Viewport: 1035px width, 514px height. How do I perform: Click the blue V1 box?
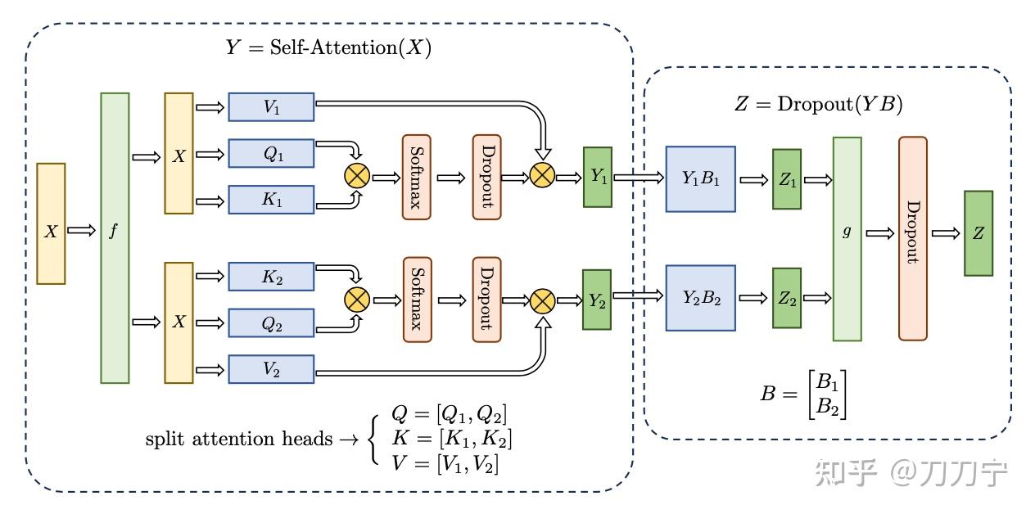click(271, 106)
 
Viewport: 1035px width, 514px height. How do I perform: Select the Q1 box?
click(271, 153)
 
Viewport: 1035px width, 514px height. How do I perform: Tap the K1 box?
click(271, 200)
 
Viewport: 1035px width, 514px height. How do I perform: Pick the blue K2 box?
click(271, 277)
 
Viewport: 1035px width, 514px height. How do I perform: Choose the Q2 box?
click(271, 323)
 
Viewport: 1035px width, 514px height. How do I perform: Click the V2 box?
click(271, 369)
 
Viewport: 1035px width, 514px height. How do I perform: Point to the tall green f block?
click(115, 237)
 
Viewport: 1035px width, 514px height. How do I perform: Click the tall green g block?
click(847, 238)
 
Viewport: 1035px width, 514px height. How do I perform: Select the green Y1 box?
click(597, 177)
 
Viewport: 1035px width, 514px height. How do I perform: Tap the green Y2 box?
click(597, 300)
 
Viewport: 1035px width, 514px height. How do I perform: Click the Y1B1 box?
click(700, 179)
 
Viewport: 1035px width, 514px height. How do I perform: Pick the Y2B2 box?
click(700, 298)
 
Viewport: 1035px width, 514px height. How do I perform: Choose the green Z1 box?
click(787, 179)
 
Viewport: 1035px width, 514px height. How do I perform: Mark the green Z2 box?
click(787, 298)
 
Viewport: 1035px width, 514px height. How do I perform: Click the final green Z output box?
click(979, 233)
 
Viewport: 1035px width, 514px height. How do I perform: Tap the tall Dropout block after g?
click(913, 238)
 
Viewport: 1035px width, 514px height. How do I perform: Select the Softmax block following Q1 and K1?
click(416, 177)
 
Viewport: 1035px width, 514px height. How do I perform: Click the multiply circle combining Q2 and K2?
click(358, 300)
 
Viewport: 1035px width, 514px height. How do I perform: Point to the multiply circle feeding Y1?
click(542, 175)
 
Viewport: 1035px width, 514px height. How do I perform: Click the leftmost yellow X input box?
click(51, 223)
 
